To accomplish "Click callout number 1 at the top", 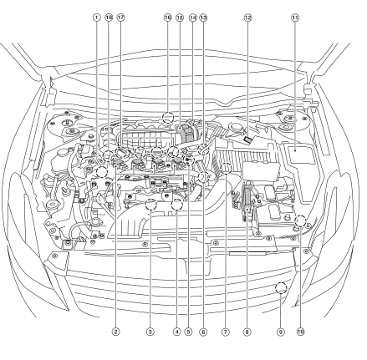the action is [x=96, y=18].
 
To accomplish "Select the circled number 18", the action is [x=109, y=18].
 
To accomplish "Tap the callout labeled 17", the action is [x=120, y=18].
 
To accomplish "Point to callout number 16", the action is [x=167, y=18].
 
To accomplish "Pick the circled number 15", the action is [x=180, y=18].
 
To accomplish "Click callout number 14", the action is [x=193, y=18].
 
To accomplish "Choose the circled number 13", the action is [x=203, y=18].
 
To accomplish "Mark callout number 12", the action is [x=247, y=18].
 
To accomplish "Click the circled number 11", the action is [x=295, y=18].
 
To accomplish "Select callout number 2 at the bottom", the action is [x=115, y=332].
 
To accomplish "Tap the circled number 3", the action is [x=150, y=332].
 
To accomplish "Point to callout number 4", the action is [x=176, y=332].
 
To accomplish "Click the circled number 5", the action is [x=188, y=332].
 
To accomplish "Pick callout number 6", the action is [x=203, y=332].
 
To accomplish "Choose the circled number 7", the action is [x=226, y=332].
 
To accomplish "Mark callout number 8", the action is [x=247, y=332].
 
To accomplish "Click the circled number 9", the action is [x=281, y=332].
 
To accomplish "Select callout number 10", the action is [x=300, y=332].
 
